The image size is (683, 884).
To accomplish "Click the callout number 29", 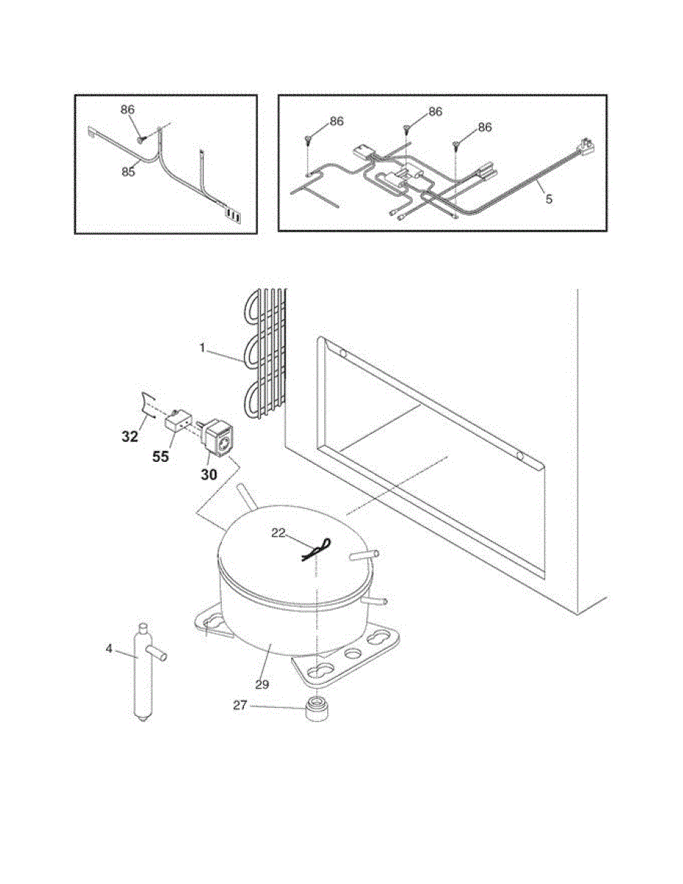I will (262, 684).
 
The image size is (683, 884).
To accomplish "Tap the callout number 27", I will (240, 706).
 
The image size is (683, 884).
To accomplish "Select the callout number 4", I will (109, 649).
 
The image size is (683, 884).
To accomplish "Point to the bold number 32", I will (130, 435).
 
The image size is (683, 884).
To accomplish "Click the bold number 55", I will (161, 457).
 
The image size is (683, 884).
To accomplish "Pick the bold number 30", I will (209, 475).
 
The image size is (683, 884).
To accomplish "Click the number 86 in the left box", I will (128, 109).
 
